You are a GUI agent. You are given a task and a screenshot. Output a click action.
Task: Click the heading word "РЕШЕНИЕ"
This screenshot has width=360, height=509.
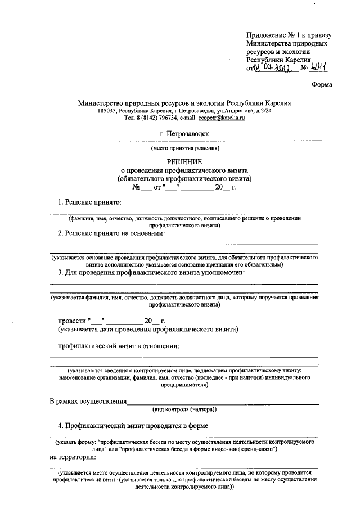tap(184, 161)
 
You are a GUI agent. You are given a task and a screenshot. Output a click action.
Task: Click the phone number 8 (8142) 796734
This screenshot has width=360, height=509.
tap(150, 118)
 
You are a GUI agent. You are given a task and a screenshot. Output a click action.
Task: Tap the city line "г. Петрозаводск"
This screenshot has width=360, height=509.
tap(184, 134)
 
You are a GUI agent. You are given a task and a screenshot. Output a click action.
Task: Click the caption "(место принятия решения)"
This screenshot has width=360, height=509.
tap(184, 148)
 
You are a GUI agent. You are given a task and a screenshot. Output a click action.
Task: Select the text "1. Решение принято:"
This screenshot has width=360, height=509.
tap(91, 201)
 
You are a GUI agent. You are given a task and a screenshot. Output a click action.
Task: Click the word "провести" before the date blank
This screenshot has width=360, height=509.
tap(71, 321)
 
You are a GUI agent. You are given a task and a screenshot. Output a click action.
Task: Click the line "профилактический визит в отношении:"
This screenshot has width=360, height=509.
tap(119, 345)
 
